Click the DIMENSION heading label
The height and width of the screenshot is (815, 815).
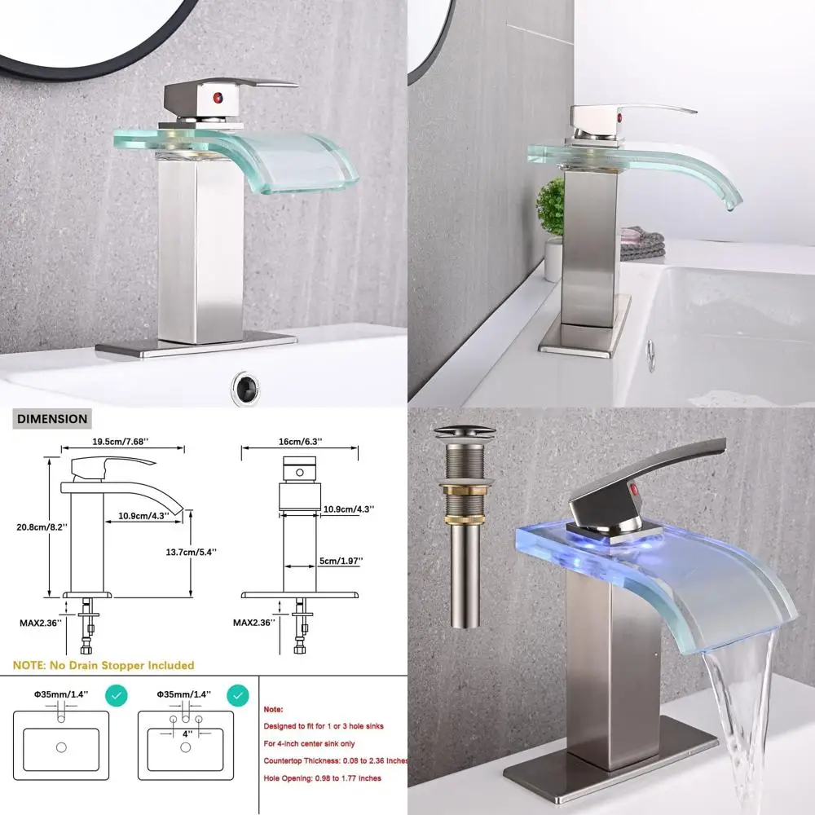(x=51, y=419)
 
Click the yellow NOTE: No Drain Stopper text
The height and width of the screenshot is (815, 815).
(x=104, y=665)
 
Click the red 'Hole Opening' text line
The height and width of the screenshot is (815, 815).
(x=322, y=778)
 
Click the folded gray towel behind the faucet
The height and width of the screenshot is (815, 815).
(x=641, y=244)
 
